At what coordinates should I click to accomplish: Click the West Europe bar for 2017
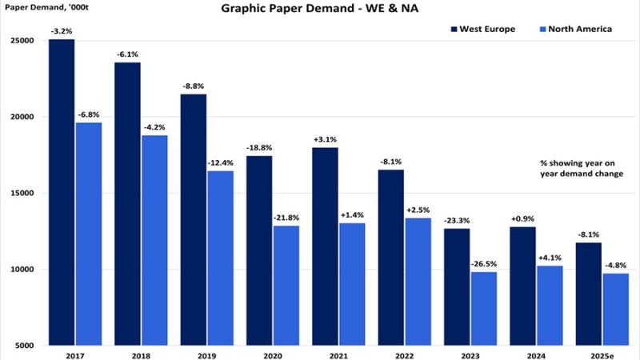click(62, 192)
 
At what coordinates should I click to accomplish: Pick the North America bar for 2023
click(483, 308)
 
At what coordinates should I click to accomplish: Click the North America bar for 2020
click(286, 285)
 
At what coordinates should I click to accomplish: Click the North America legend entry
click(574, 30)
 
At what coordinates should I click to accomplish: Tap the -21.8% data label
click(286, 217)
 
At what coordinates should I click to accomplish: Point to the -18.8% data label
click(259, 147)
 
